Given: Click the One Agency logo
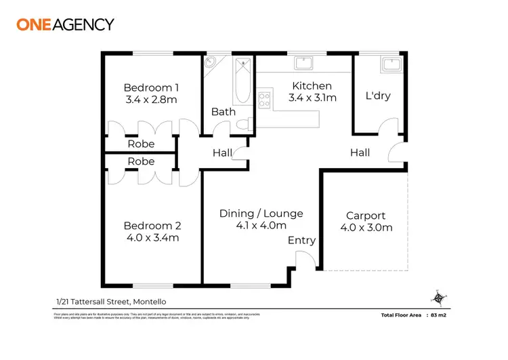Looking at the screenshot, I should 65,24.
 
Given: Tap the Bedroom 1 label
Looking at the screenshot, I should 151,87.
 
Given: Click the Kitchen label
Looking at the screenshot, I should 312,85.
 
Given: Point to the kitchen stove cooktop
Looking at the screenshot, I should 264,100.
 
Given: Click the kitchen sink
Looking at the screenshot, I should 303,63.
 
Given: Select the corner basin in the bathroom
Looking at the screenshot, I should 211,62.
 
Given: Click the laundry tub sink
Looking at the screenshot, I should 391,64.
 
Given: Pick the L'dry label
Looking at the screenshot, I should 378,96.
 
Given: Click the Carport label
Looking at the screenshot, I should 365,216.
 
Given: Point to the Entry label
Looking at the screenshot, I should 301,241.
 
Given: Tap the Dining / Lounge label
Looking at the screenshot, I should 261,214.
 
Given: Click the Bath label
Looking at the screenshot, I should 223,112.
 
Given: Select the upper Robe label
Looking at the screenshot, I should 141,144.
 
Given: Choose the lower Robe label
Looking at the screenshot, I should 141,161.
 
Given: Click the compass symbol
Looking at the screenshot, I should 438,297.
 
